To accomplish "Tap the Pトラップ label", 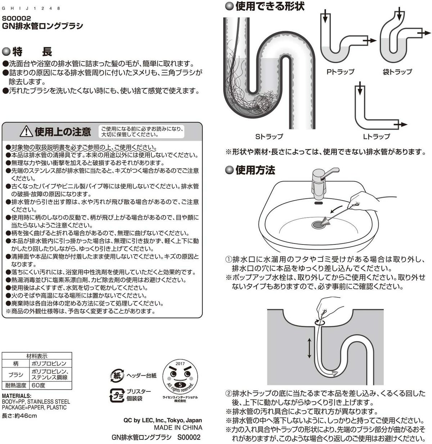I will point(340,72).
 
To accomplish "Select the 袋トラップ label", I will point(397,72).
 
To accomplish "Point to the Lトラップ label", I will point(376,136).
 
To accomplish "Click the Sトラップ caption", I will point(269,136).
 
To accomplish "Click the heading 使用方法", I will point(255,170).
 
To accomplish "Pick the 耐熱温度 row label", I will point(15,385).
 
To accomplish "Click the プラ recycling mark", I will point(117,395).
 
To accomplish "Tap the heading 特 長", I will point(32,51).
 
